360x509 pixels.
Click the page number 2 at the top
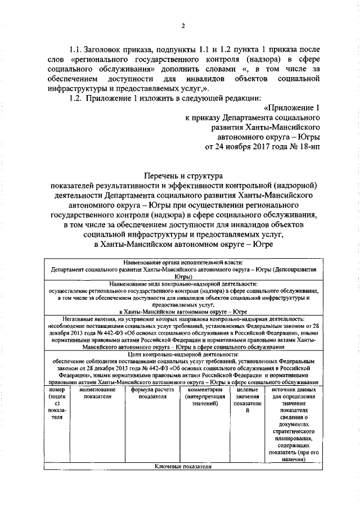pyautogui.click(x=183, y=25)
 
